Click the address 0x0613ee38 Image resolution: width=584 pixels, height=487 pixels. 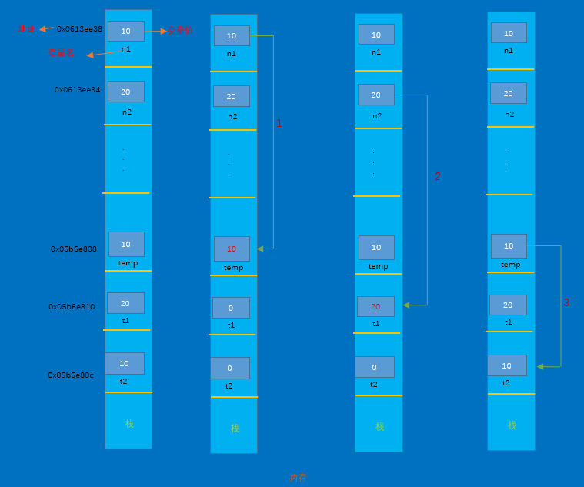[x=79, y=29]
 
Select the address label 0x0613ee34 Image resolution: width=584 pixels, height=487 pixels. [x=77, y=90]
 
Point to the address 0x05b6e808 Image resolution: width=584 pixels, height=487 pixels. [x=74, y=249]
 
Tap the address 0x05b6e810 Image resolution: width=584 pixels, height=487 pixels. [x=72, y=307]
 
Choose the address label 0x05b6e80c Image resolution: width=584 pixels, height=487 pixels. [x=71, y=375]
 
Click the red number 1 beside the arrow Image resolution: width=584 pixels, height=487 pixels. [x=279, y=124]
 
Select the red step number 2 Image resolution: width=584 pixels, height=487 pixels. [x=437, y=176]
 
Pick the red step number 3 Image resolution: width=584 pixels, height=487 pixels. [x=566, y=303]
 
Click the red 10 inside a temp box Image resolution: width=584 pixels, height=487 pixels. [x=232, y=249]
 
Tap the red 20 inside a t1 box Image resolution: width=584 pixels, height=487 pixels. [x=375, y=306]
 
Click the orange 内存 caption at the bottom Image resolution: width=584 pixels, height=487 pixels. [x=298, y=478]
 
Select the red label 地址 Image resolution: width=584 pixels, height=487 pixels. [x=27, y=29]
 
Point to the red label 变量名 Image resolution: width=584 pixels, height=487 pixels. [x=62, y=53]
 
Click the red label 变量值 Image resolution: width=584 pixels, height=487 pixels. [x=180, y=31]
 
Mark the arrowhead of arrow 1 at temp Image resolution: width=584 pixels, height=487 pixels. [x=260, y=249]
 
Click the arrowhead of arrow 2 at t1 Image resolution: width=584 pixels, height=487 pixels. [x=405, y=305]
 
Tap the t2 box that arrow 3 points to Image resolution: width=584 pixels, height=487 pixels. [x=507, y=365]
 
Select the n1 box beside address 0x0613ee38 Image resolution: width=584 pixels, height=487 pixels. [x=125, y=31]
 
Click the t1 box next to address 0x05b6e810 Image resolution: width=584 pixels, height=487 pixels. [x=125, y=303]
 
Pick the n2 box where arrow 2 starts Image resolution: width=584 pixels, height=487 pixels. [x=375, y=95]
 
